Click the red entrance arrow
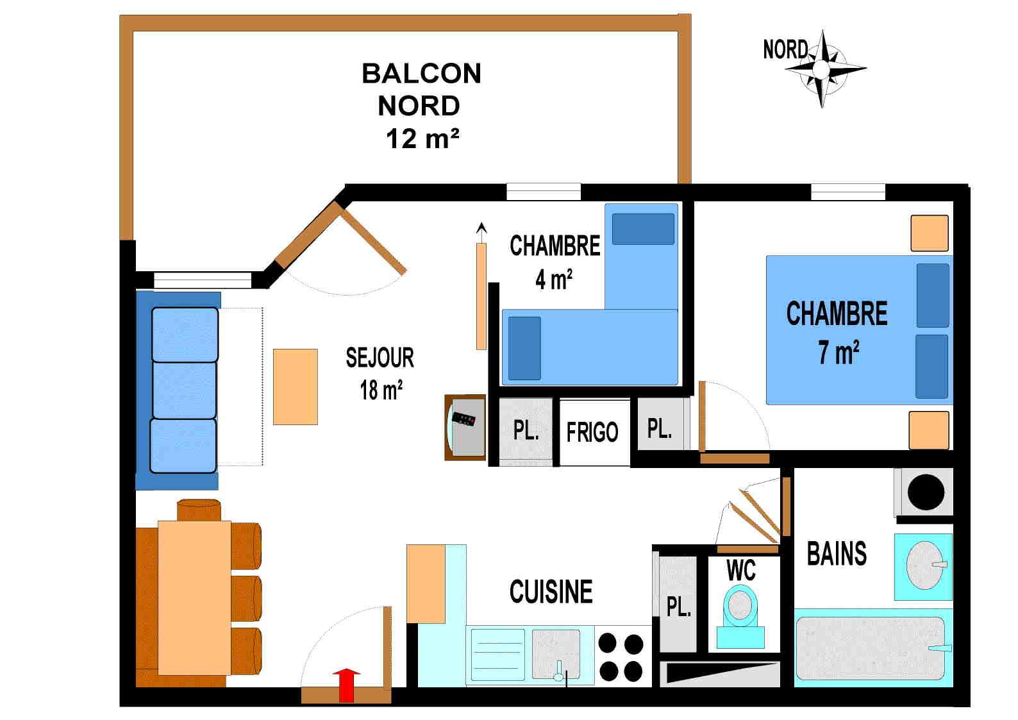click(347, 685)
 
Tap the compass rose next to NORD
click(822, 68)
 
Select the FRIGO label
click(592, 433)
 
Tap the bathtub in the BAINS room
click(870, 648)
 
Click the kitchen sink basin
click(556, 651)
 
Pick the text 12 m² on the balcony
click(422, 138)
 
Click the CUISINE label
click(551, 592)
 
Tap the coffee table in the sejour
click(296, 387)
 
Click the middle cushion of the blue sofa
click(184, 390)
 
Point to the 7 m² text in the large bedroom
click(838, 353)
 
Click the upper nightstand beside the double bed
click(929, 233)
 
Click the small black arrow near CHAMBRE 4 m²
click(481, 228)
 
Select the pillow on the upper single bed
click(643, 229)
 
